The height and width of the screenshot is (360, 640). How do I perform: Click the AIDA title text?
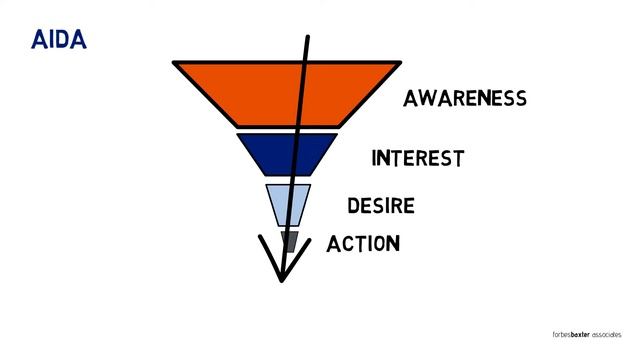click(59, 41)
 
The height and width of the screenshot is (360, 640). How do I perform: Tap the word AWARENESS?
click(464, 98)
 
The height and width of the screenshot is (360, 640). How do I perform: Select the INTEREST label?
click(417, 158)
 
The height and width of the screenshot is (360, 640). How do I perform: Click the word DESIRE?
click(380, 206)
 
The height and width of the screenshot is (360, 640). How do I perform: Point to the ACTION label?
click(363, 243)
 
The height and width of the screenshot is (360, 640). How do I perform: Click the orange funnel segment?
click(250, 92)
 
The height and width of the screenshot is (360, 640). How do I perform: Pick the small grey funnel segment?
click(290, 241)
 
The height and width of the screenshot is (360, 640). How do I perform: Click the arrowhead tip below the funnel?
click(282, 279)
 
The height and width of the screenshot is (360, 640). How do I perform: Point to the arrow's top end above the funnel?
click(307, 37)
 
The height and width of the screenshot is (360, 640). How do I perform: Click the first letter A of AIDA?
click(40, 41)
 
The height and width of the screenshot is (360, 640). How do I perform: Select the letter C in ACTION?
click(349, 243)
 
